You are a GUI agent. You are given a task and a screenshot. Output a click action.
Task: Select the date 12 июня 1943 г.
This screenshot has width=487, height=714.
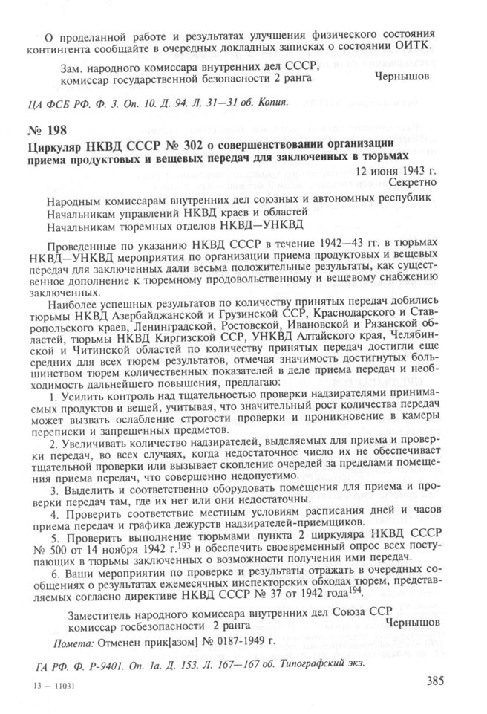point(397,170)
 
